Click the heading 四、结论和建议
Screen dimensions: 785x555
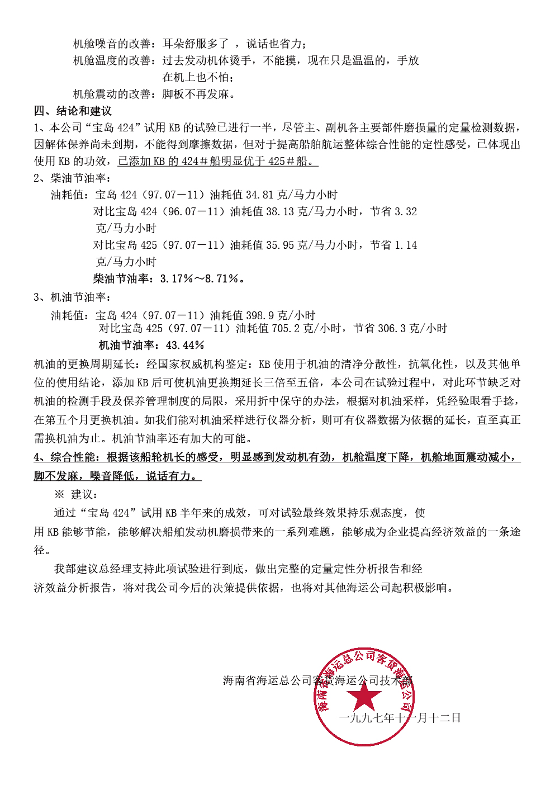point(73,111)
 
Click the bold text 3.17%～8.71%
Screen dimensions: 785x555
point(200,278)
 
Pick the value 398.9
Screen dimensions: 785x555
point(259,315)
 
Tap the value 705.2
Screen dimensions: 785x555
point(285,328)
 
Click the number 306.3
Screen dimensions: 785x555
point(391,328)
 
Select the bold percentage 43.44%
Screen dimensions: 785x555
point(185,345)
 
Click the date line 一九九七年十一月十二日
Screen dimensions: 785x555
point(400,717)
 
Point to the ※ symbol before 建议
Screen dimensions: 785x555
point(59,494)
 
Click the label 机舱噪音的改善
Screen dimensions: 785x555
point(112,44)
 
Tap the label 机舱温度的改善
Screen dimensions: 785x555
point(112,60)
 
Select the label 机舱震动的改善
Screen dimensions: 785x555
point(112,94)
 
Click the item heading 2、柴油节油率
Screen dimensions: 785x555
point(72,178)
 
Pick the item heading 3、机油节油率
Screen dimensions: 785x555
point(72,297)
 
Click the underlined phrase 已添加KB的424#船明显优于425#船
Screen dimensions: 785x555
point(217,161)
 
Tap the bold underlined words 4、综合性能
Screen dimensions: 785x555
point(65,457)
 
